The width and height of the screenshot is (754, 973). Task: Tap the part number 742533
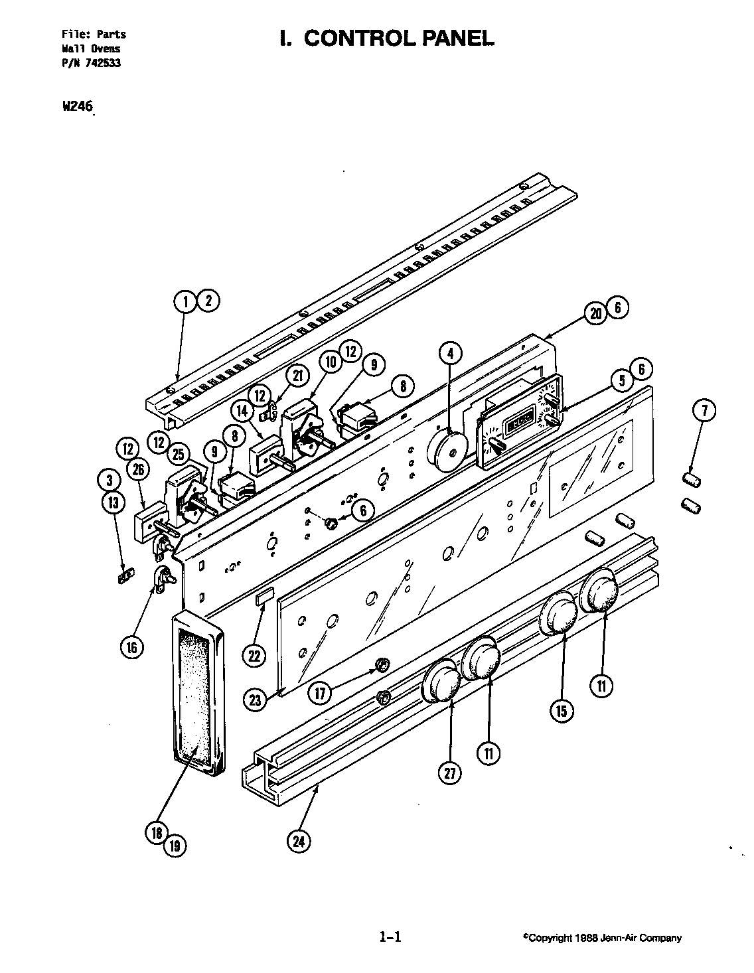pyautogui.click(x=102, y=64)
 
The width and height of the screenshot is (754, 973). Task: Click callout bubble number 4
pyautogui.click(x=451, y=354)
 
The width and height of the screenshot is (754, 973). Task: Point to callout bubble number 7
pyautogui.click(x=704, y=411)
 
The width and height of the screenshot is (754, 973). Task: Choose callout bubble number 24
pyautogui.click(x=299, y=842)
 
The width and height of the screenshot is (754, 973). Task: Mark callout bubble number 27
pyautogui.click(x=451, y=772)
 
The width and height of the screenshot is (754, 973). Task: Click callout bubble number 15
pyautogui.click(x=562, y=711)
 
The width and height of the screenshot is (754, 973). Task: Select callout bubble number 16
pyautogui.click(x=132, y=646)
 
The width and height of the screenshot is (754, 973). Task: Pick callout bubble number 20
pyautogui.click(x=595, y=313)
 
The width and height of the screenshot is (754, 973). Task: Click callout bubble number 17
pyautogui.click(x=320, y=693)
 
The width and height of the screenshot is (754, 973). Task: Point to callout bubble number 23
pyautogui.click(x=257, y=698)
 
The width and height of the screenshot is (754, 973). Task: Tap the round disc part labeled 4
pyautogui.click(x=449, y=451)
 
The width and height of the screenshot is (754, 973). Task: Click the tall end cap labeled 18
pyautogui.click(x=197, y=694)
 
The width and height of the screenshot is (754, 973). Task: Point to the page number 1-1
pyautogui.click(x=390, y=938)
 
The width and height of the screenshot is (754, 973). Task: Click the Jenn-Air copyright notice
pyautogui.click(x=601, y=938)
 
